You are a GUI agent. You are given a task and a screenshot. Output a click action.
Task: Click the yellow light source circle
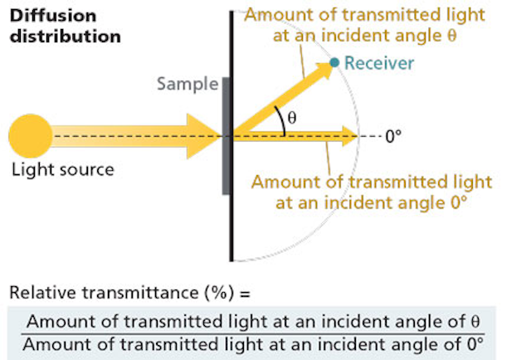[31, 136]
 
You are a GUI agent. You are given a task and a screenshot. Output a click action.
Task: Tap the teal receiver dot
[334, 62]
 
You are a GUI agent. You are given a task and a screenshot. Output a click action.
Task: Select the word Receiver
[379, 63]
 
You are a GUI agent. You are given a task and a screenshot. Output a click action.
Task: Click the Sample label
[188, 84]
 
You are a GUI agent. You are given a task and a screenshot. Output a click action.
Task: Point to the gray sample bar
[226, 136]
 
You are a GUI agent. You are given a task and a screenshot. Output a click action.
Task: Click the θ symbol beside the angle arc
[292, 118]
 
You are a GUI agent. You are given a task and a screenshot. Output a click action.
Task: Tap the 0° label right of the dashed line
[393, 137]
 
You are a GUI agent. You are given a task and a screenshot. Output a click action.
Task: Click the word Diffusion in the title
[53, 16]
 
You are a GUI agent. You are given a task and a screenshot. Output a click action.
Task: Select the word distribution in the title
[66, 36]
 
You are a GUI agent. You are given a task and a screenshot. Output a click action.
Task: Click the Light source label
[63, 169]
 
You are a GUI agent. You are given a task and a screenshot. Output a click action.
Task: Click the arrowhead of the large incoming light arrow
[204, 136]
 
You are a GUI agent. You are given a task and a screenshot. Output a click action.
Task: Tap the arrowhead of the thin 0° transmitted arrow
[350, 136]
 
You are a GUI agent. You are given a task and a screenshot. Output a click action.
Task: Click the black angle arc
[282, 119]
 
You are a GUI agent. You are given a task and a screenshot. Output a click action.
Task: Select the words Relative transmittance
[104, 292]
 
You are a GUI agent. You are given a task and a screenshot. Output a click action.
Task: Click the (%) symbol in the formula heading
[219, 293]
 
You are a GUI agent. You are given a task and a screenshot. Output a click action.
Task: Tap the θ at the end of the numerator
[475, 321]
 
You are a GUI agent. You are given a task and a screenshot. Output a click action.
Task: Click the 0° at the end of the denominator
[475, 344]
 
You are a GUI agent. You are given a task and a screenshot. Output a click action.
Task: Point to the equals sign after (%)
[246, 294]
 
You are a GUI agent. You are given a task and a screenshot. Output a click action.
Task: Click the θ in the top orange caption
[452, 35]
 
